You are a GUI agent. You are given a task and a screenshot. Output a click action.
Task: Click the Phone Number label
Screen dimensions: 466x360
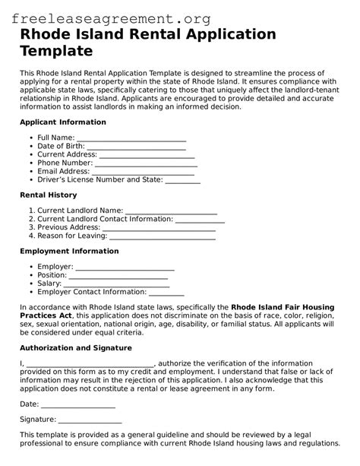[65, 163]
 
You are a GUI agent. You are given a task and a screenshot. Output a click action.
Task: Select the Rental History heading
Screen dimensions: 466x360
[49, 195]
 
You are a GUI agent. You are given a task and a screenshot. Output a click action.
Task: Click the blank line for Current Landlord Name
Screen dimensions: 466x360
[171, 211]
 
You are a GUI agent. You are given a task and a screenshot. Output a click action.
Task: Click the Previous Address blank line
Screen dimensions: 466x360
[159, 227]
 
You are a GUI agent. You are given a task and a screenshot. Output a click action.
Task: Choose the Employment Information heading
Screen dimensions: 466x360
[69, 251]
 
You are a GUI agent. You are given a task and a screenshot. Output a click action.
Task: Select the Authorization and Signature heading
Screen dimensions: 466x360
[76, 347]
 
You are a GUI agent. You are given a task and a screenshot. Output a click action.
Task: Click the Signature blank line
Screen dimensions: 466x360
[90, 420]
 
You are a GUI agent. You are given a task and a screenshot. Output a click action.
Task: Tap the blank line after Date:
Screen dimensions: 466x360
[68, 404]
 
